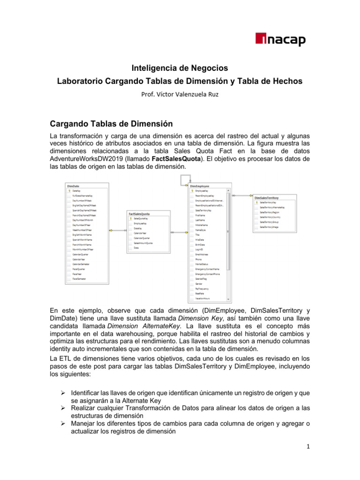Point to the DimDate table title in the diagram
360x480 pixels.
click(x=74, y=186)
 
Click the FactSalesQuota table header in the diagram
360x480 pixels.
click(x=142, y=213)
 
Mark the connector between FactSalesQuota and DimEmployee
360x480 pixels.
click(x=173, y=232)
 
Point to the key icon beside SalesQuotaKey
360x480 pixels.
click(x=131, y=218)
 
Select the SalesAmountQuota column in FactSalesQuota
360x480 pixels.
click(x=143, y=243)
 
